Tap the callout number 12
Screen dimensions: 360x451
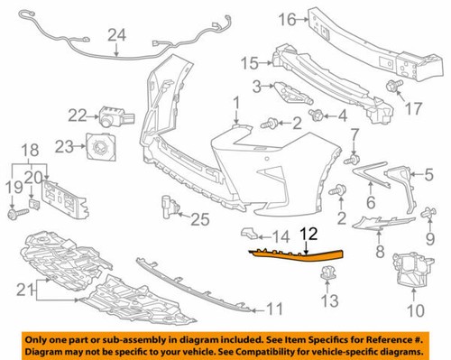point(308,234)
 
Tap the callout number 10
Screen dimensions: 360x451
point(416,311)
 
